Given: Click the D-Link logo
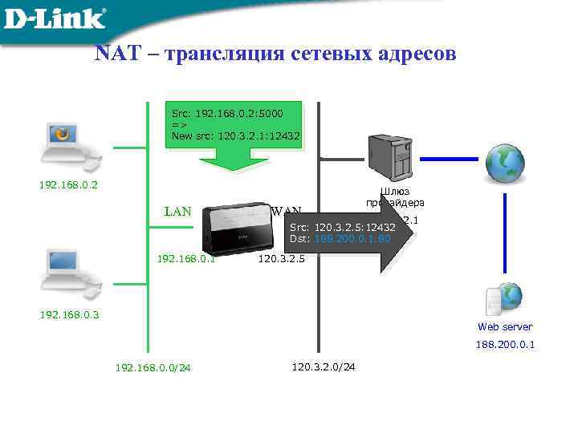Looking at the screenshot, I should (55, 18).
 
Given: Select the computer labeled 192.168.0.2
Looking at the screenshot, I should (69, 146).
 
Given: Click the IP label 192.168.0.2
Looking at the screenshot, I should (69, 185).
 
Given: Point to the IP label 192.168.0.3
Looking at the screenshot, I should (69, 314).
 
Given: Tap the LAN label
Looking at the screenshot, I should (177, 212).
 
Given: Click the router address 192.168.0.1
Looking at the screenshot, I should (186, 259).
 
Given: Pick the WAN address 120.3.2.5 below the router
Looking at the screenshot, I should (281, 259).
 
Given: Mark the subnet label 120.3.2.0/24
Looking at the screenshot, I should (324, 366).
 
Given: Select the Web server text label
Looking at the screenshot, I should (505, 326).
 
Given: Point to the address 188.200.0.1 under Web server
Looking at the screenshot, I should (505, 344).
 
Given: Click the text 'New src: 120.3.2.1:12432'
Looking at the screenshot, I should (235, 136).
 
